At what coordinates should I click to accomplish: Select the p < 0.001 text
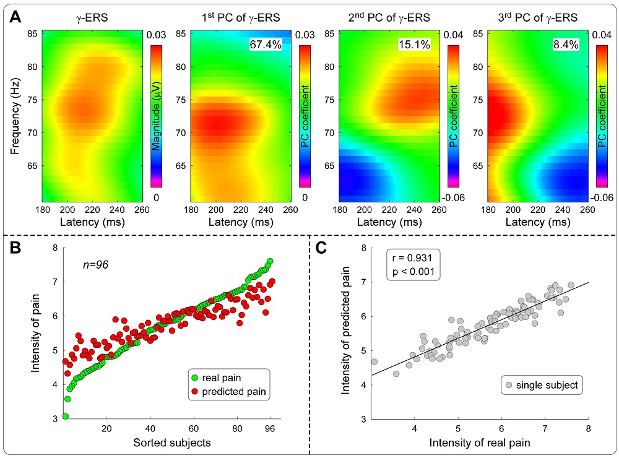(412, 272)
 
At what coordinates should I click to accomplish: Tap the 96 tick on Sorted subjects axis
(270, 428)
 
